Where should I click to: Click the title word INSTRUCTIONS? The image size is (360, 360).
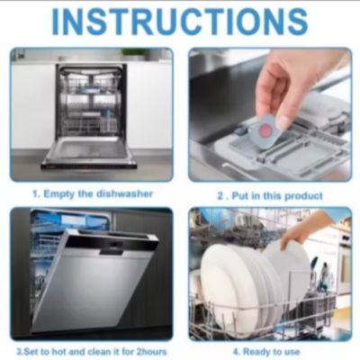[x=180, y=22]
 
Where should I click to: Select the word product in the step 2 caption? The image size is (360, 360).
[x=303, y=196]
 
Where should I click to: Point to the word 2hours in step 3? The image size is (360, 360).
[x=151, y=351]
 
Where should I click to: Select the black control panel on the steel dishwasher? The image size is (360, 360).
[x=110, y=245]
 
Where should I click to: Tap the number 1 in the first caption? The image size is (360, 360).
[x=35, y=194]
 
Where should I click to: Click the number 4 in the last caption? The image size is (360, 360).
[x=236, y=351]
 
